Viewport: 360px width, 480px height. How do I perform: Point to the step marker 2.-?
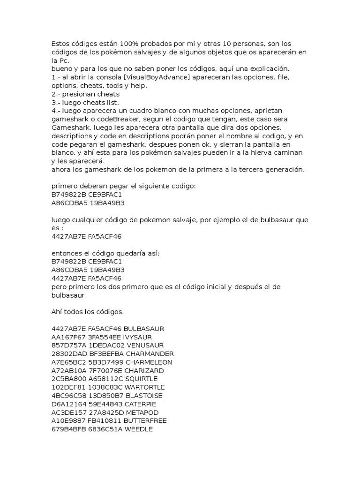(x=56, y=94)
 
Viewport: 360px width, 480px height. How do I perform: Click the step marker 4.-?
(x=56, y=111)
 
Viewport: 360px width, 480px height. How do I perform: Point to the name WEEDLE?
(x=137, y=429)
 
